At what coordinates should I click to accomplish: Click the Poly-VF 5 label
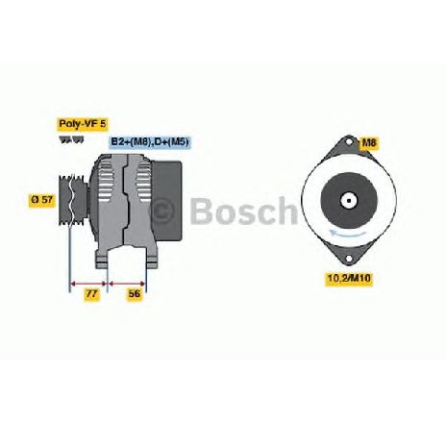(83, 124)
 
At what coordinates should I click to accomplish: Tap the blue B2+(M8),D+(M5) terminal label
(150, 141)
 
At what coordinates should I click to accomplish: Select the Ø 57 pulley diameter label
(41, 199)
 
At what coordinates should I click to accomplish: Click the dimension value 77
(91, 294)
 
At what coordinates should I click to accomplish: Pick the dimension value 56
(135, 294)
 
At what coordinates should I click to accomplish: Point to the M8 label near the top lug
(369, 142)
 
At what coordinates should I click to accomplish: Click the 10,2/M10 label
(349, 278)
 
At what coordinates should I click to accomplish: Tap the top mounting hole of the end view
(349, 141)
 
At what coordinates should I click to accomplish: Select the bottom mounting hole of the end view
(348, 259)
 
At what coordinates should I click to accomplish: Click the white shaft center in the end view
(349, 201)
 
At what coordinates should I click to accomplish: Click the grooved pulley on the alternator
(73, 200)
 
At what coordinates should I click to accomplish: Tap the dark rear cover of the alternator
(166, 200)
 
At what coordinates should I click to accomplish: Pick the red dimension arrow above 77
(87, 284)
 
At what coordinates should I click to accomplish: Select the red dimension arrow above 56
(127, 284)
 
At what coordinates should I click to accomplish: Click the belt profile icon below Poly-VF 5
(71, 140)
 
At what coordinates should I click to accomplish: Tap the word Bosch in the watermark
(244, 211)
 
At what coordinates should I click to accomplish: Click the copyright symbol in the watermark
(162, 210)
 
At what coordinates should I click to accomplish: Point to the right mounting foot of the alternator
(152, 258)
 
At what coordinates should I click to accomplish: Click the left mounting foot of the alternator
(101, 259)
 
